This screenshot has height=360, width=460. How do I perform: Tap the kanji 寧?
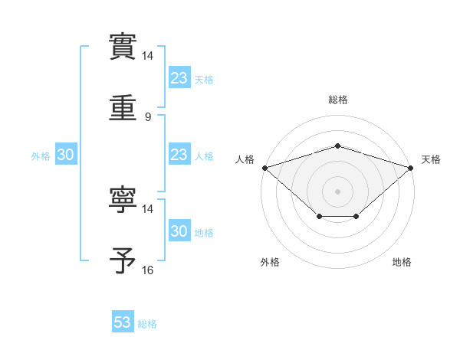coord(123,201)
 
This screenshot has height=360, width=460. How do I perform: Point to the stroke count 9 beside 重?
coord(148,117)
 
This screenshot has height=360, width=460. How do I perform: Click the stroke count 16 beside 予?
coord(148,270)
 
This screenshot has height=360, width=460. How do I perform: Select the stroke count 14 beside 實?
coord(148,57)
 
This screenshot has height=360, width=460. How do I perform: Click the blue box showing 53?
coord(123,322)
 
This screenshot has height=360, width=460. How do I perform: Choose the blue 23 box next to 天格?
coord(179,78)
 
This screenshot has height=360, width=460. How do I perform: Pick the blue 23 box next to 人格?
coord(179,155)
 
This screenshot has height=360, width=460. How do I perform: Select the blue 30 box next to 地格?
coord(179,231)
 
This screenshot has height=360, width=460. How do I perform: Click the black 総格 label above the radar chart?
coord(338,100)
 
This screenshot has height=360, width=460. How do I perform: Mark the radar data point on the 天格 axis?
coord(411,167)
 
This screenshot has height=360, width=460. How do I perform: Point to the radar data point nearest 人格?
coord(264,167)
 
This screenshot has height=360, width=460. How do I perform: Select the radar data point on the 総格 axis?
coord(338,146)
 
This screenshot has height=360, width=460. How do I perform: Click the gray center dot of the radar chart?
coord(338,191)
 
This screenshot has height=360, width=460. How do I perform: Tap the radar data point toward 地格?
coord(356,217)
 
